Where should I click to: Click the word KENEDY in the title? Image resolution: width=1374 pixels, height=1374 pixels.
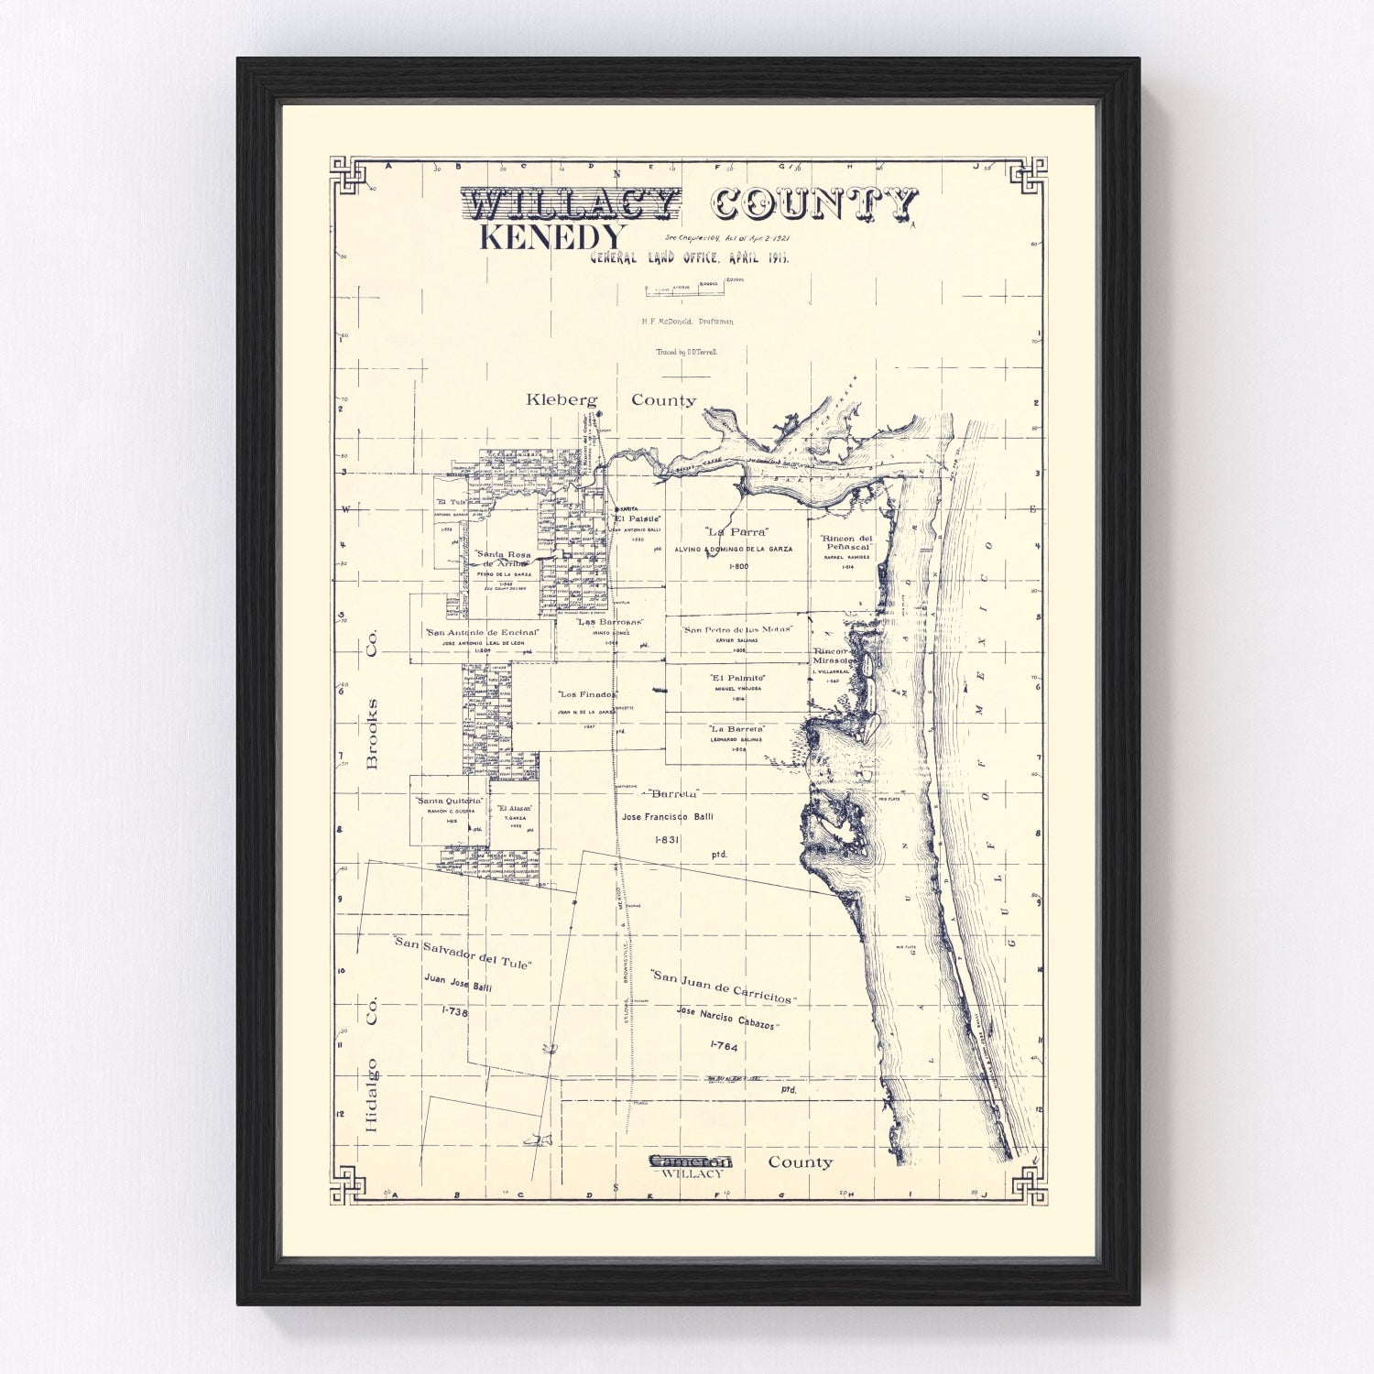[552, 237]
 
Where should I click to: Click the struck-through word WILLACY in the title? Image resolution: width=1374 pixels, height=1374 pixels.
[572, 203]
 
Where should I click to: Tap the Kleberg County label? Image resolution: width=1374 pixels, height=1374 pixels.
[611, 400]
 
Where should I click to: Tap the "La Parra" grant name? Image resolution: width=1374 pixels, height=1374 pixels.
[736, 531]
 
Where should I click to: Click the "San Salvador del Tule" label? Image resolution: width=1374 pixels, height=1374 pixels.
[462, 953]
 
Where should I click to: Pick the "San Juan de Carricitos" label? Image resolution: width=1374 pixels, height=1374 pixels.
[723, 986]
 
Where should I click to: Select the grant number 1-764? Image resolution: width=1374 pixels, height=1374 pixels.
[723, 1045]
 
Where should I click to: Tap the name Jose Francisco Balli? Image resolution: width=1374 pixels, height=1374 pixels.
[667, 816]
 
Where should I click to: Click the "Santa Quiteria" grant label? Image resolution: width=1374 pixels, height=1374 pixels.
[449, 801]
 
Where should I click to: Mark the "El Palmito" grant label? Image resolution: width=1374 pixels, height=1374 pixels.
[737, 678]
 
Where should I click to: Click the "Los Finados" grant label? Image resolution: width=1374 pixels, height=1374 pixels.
[587, 693]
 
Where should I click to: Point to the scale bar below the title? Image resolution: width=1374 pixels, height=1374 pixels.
[685, 290]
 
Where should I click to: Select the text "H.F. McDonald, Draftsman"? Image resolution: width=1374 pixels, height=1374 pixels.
[687, 322]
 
